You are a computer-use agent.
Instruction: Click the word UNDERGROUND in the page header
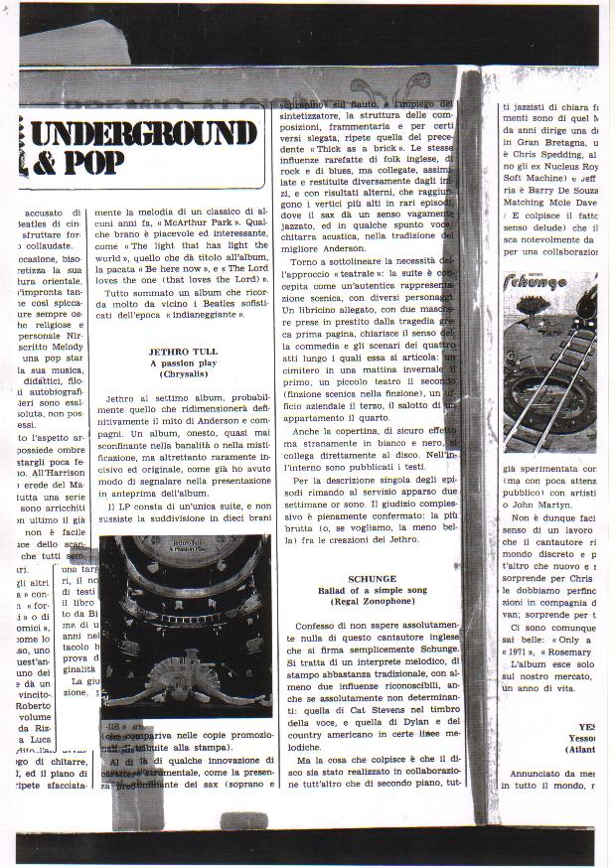[x=145, y=131]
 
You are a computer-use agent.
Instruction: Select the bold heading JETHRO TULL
[x=183, y=351]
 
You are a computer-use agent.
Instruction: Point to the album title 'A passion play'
[x=183, y=362]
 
